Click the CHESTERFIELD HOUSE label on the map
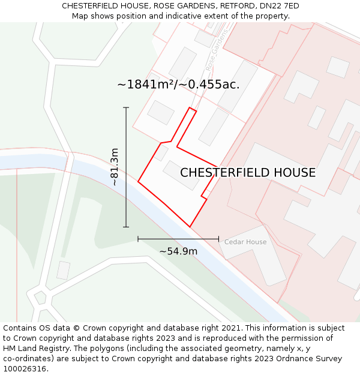point(248,173)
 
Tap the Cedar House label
point(245,242)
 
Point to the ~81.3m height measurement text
point(115,167)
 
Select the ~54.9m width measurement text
point(178,251)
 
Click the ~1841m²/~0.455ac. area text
point(178,85)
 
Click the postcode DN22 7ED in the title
point(278,6)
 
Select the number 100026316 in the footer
point(25,368)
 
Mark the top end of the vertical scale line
point(126,107)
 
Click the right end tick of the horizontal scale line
point(218,239)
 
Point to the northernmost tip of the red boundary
point(190,108)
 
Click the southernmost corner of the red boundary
point(190,227)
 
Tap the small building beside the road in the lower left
point(63,270)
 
